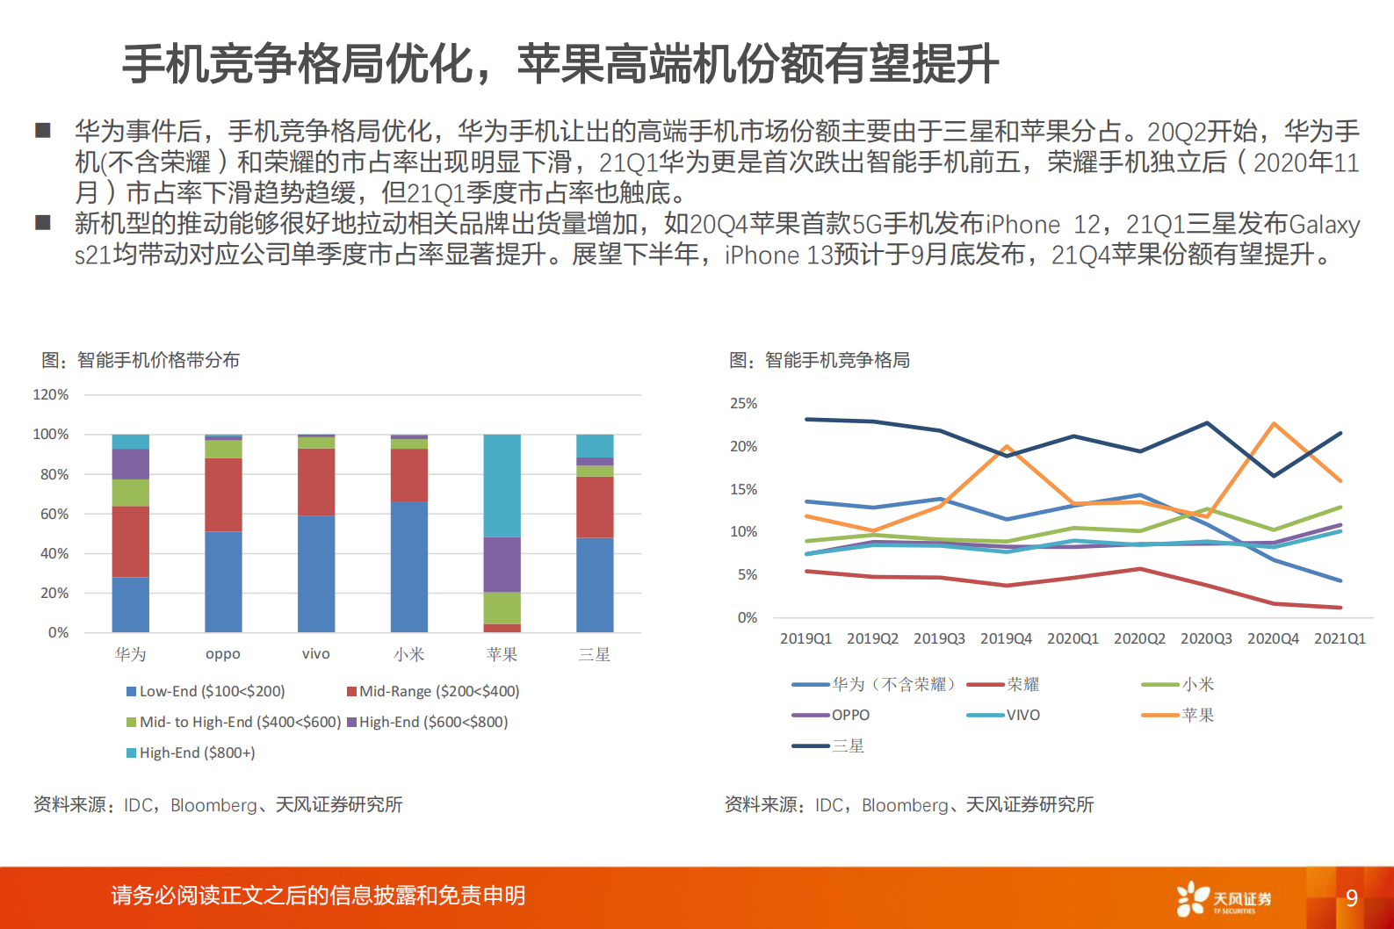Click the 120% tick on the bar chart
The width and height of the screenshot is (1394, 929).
click(50, 395)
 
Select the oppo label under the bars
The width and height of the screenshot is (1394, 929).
click(222, 654)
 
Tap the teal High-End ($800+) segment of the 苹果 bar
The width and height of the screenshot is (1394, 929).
click(502, 485)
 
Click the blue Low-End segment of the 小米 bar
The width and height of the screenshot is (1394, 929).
click(408, 566)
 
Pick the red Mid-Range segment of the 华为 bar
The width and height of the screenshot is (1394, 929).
click(130, 541)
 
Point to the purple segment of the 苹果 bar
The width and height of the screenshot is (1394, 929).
click(502, 565)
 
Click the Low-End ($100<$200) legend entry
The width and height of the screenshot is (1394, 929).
click(206, 692)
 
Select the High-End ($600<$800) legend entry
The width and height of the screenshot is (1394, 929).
click(428, 723)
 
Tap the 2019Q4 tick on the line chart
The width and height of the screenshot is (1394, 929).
click(1006, 639)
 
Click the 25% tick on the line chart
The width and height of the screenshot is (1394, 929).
click(743, 404)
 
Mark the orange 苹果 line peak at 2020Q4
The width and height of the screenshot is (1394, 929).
click(1274, 424)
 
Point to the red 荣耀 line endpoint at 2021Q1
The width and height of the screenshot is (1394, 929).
click(1340, 608)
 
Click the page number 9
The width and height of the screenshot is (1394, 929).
click(1352, 898)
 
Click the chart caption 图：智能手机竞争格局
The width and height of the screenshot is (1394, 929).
click(820, 361)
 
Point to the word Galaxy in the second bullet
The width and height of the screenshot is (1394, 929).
click(1325, 225)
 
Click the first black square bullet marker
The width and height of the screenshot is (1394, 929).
click(43, 131)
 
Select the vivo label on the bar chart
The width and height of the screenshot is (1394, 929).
click(315, 654)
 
